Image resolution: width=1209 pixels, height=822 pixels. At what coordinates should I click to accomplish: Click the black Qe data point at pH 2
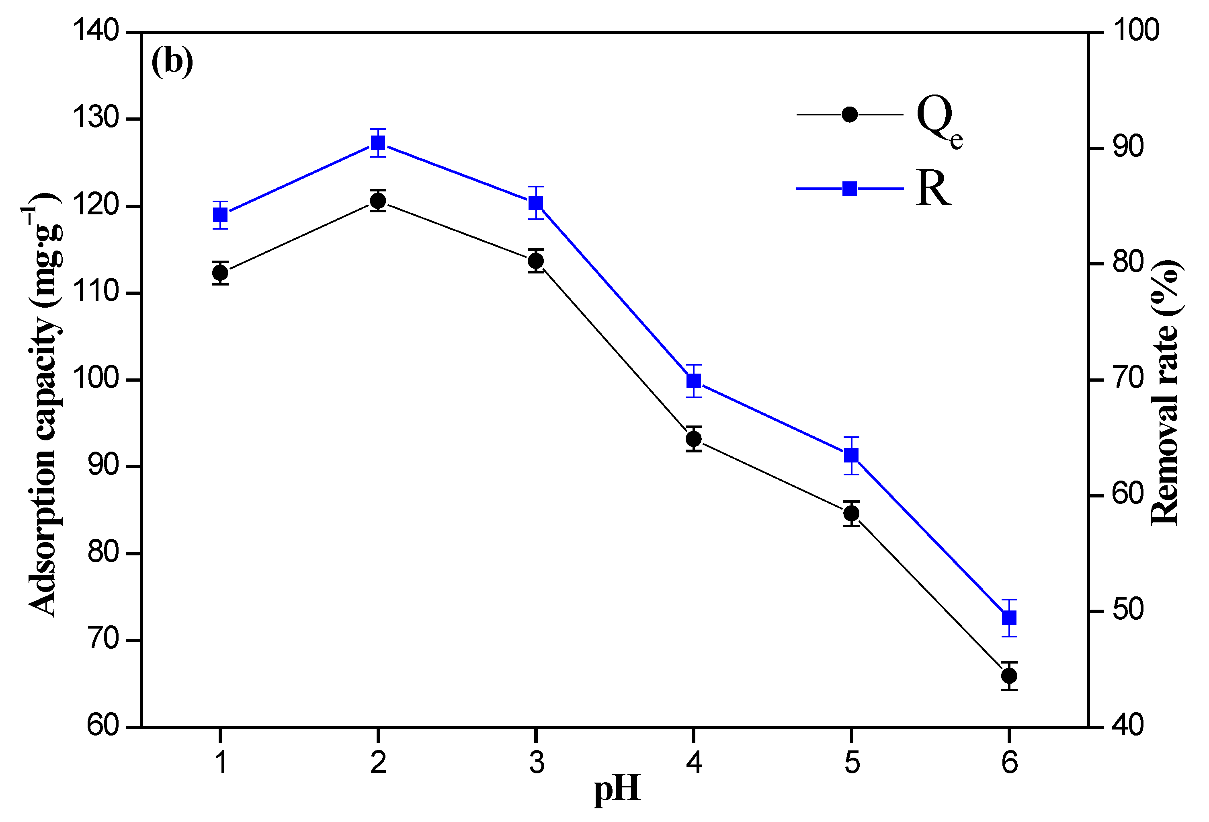click(378, 200)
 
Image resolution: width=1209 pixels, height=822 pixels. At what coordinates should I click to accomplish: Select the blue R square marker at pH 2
click(378, 143)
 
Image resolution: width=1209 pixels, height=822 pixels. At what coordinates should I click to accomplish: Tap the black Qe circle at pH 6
click(1009, 676)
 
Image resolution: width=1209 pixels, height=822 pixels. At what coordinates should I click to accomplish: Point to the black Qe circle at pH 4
click(693, 439)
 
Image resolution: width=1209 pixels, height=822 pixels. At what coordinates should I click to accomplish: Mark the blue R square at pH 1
click(221, 215)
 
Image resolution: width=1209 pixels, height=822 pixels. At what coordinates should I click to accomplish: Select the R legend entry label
click(933, 189)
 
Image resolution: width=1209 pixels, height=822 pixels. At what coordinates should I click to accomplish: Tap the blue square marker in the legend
click(850, 189)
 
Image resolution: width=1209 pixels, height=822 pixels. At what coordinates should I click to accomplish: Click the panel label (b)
click(172, 62)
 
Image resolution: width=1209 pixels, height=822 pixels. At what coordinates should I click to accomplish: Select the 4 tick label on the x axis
click(694, 762)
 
